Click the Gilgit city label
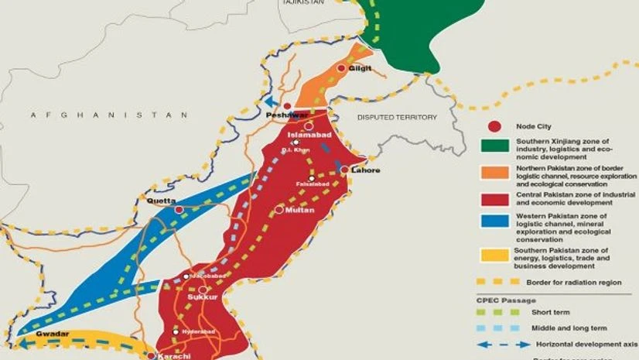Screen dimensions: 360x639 (361, 68)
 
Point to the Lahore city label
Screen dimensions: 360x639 (366, 170)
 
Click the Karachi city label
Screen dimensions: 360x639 (173, 356)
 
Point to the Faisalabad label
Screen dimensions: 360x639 (311, 183)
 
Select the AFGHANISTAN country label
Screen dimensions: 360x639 (109, 115)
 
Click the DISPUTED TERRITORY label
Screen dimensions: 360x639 (396, 118)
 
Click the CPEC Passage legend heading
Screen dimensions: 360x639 (505, 298)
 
